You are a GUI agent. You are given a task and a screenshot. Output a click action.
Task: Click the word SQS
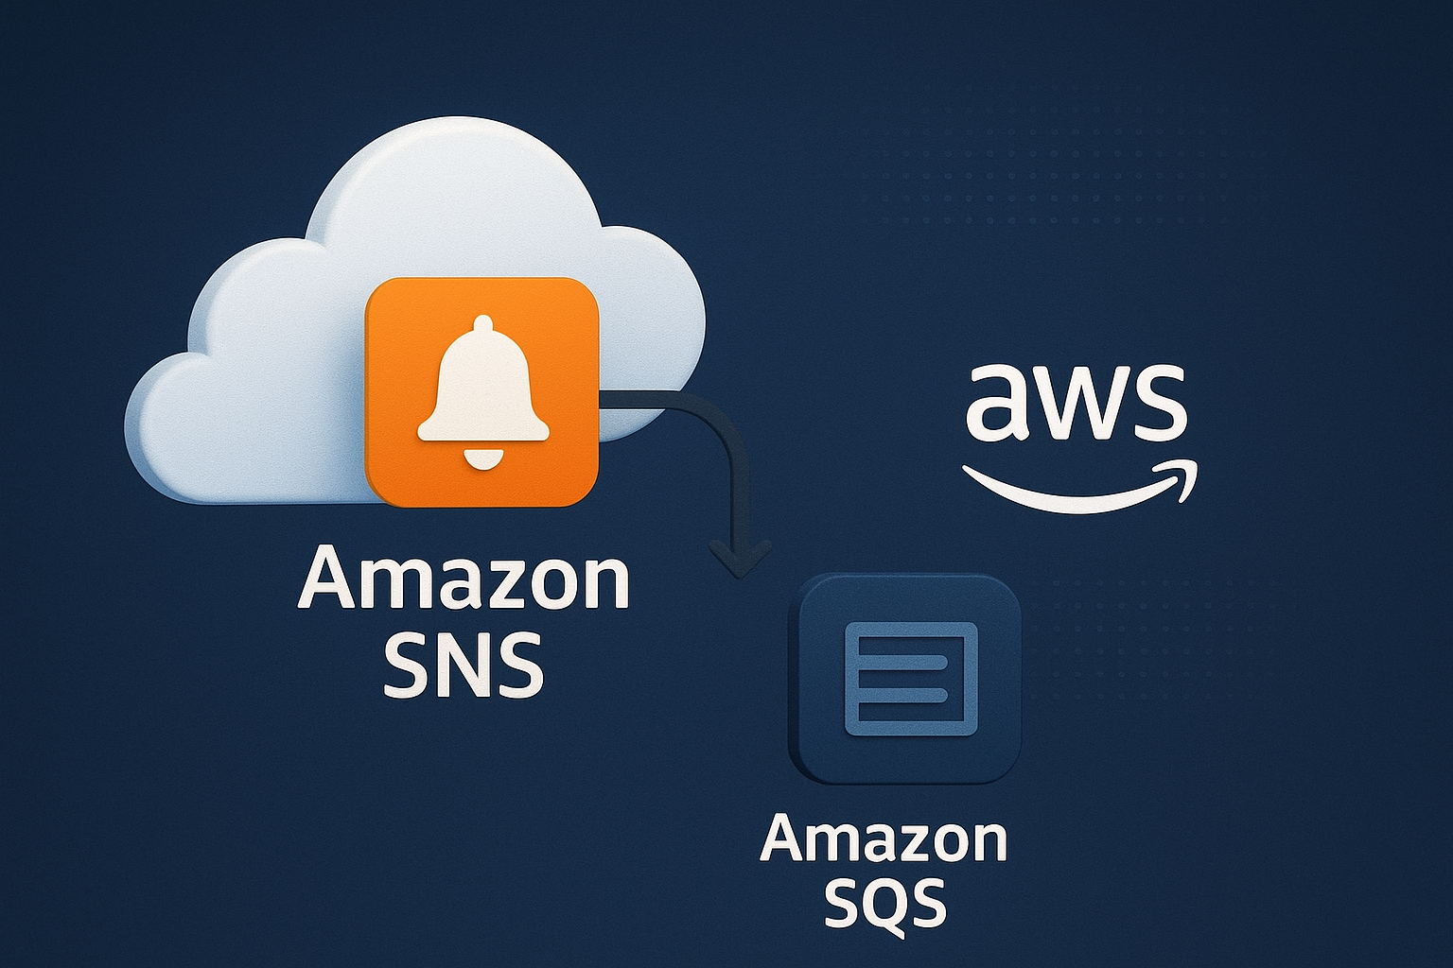click(884, 902)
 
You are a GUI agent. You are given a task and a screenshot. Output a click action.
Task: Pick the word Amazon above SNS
click(464, 579)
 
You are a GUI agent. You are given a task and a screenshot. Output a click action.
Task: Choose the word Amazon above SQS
click(884, 839)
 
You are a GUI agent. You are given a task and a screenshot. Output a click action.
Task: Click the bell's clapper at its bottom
click(482, 459)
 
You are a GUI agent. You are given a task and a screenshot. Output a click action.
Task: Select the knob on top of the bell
click(482, 324)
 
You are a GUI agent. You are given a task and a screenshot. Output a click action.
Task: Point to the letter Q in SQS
click(884, 904)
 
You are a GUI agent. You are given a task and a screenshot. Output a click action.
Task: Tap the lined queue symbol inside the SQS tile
click(910, 678)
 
